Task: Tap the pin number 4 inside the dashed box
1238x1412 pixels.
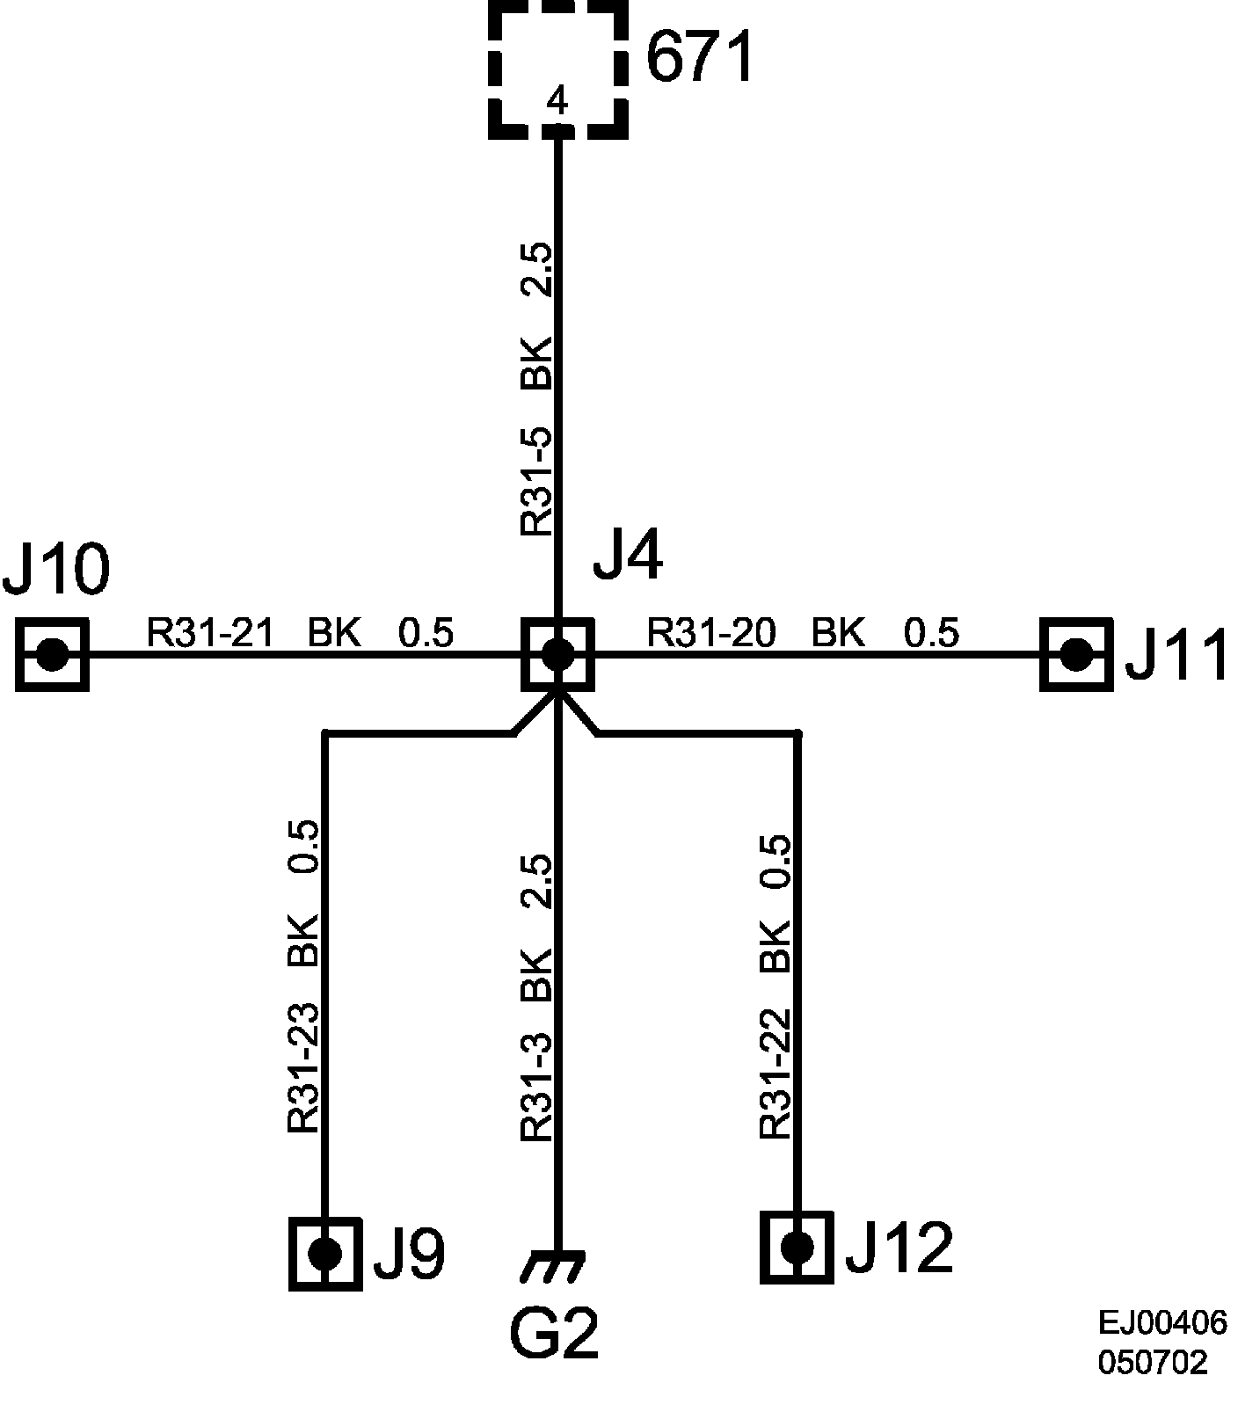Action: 557,102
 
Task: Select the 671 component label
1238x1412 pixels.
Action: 701,58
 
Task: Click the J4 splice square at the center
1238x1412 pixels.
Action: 557,654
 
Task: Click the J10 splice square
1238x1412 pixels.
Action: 53,654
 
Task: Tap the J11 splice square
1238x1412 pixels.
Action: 1075,654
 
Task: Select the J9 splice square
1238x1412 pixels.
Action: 325,1252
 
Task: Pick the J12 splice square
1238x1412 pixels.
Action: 797,1246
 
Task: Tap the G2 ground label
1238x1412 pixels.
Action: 554,1331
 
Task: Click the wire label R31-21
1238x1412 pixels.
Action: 210,632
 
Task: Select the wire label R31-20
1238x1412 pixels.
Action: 711,632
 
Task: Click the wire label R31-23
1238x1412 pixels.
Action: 302,1067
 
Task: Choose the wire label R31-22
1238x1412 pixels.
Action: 776,1073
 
